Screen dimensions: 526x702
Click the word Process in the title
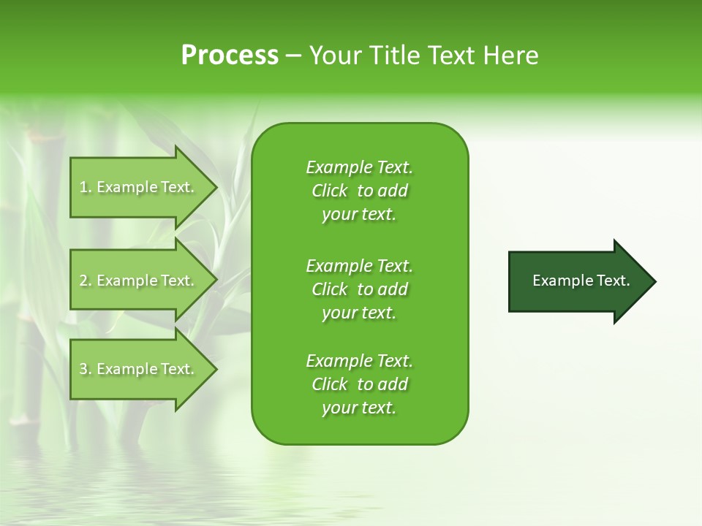[230, 56]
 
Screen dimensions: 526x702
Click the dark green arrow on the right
[578, 281]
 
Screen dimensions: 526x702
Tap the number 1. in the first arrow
[86, 188]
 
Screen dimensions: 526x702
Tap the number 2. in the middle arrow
[86, 281]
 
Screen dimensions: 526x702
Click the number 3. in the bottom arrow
[86, 370]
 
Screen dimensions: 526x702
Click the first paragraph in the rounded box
[359, 191]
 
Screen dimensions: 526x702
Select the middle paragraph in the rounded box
[359, 289]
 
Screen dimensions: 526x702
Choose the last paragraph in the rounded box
[359, 384]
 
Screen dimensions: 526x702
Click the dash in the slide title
[294, 56]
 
